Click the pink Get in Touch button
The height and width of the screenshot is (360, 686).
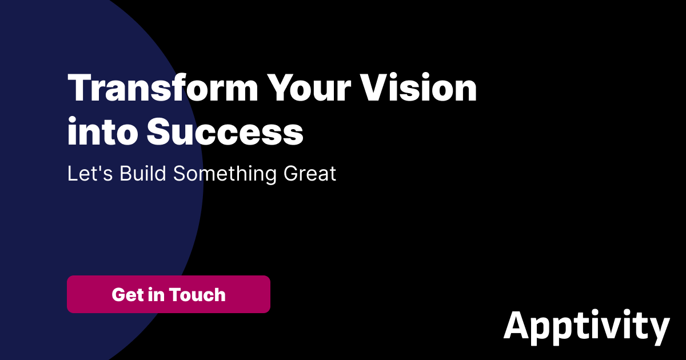(x=169, y=294)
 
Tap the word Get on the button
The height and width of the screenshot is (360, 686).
(x=126, y=295)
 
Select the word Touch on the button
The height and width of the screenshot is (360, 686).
(x=197, y=295)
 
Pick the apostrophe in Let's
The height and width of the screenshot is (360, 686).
(x=100, y=167)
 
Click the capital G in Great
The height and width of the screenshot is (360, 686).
(x=292, y=174)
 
